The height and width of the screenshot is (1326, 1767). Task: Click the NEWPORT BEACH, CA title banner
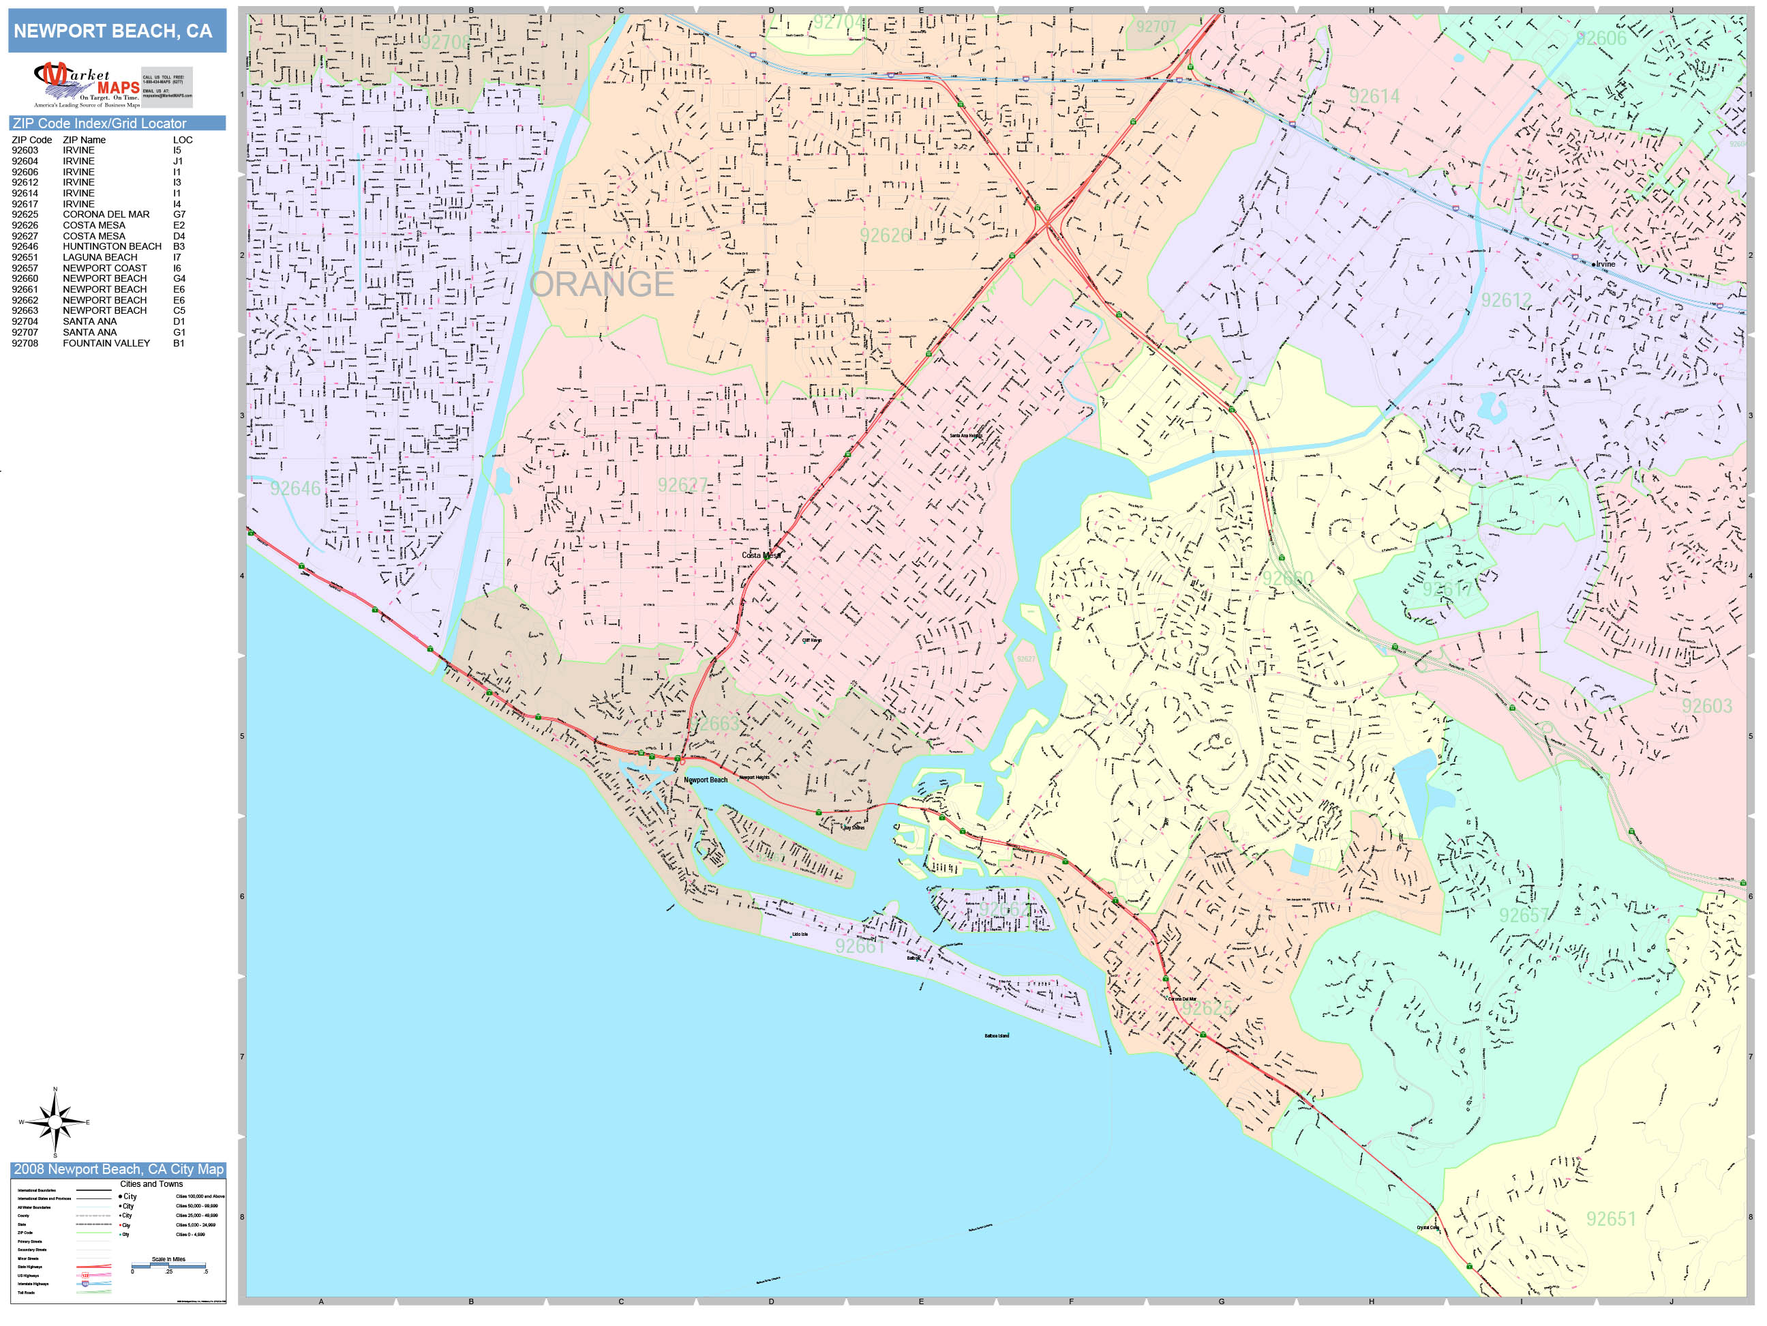[x=112, y=31]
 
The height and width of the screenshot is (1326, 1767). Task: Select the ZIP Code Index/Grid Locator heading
[x=99, y=123]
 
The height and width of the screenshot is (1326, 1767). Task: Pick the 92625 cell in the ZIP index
[x=25, y=214]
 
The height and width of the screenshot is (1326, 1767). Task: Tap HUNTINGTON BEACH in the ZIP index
[x=112, y=246]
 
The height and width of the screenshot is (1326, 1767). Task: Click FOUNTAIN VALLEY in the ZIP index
[x=106, y=343]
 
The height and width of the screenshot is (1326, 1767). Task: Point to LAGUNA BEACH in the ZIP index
[x=100, y=257]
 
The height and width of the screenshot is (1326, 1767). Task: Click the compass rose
[x=55, y=1122]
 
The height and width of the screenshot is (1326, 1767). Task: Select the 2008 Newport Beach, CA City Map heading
[x=118, y=1169]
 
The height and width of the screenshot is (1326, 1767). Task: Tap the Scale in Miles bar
[x=168, y=1264]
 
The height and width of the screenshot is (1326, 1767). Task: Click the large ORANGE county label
[x=601, y=284]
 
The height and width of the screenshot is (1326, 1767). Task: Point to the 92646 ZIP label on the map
[x=294, y=488]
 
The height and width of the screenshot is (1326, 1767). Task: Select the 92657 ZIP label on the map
[x=1524, y=915]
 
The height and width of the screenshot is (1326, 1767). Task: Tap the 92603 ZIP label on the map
[x=1706, y=706]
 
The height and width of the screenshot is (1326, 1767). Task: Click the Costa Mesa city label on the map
[x=759, y=555]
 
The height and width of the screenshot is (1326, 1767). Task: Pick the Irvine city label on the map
[x=1604, y=264]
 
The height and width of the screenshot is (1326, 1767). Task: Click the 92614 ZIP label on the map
[x=1374, y=97]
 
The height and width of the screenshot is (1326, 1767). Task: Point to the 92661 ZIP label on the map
[x=860, y=946]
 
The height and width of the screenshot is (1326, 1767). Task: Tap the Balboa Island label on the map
[x=996, y=1036]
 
